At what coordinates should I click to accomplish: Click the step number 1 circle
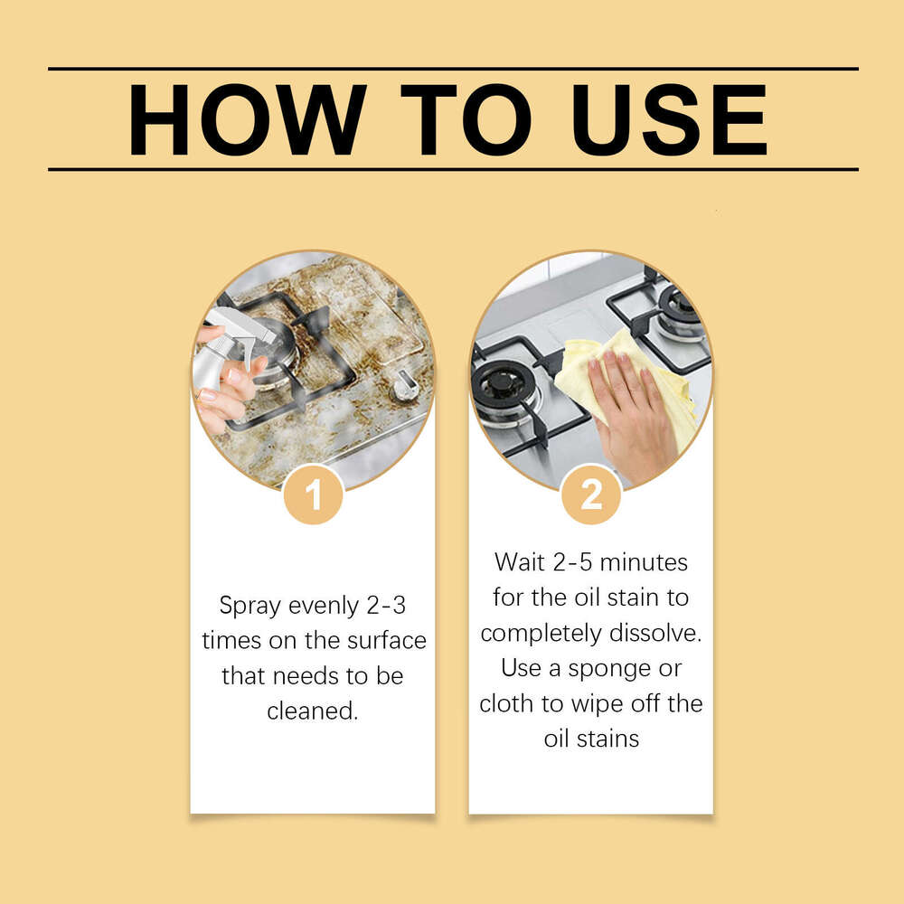tap(313, 494)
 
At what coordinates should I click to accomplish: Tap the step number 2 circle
tap(591, 494)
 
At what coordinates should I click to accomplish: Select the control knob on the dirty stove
tap(404, 386)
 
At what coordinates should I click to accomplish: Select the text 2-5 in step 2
tap(575, 562)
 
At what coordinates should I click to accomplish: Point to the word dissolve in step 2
tap(656, 633)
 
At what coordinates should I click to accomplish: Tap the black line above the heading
tap(452, 69)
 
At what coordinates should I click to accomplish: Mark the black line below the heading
tap(452, 169)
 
